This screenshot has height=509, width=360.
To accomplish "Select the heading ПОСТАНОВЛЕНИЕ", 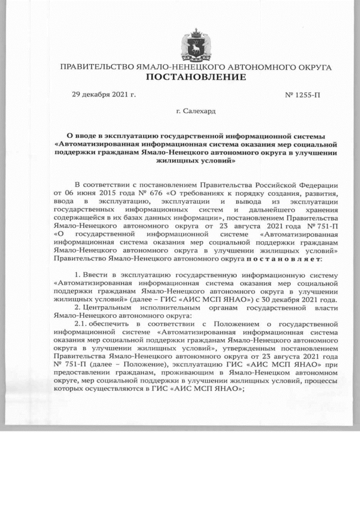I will click(196, 77).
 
